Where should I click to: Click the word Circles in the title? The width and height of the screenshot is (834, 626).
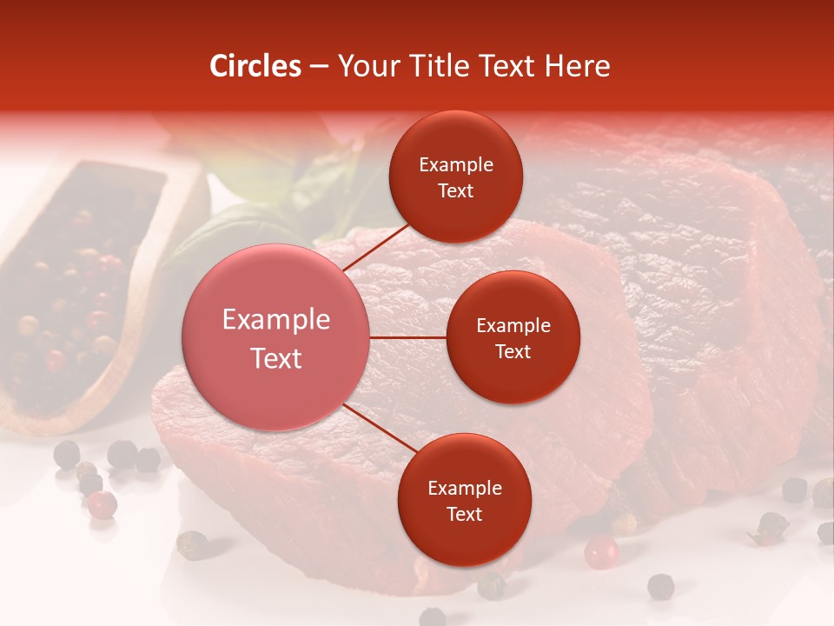tap(255, 66)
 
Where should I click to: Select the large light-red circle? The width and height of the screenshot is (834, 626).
tap(276, 337)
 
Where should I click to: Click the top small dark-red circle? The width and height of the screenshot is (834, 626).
tap(455, 177)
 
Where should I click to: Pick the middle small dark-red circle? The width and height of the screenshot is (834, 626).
tap(513, 337)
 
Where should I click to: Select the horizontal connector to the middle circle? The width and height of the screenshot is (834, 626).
tap(408, 337)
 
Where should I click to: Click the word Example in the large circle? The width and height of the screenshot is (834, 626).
tap(276, 320)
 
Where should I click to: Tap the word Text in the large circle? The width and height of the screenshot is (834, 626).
tap(276, 358)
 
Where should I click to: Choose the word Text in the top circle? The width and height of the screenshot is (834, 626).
tap(455, 190)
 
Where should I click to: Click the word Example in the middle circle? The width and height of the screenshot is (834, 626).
tap(513, 325)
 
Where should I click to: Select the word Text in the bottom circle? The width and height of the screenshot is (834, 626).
tap(464, 514)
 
